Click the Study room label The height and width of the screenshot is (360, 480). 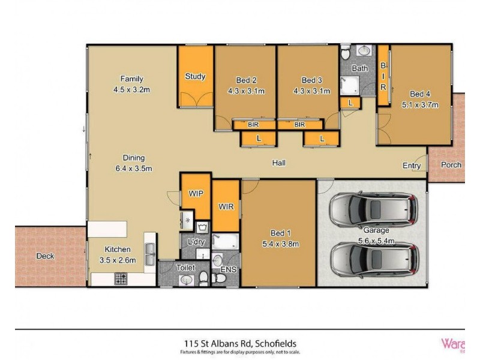[x=195, y=76]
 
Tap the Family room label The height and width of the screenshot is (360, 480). [x=131, y=79]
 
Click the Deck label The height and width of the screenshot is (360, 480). [x=45, y=256]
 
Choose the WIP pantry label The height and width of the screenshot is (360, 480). [x=196, y=194]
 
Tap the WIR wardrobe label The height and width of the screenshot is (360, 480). [x=227, y=206]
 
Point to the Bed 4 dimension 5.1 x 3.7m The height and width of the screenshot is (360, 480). [x=420, y=104]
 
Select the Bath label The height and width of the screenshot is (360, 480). [x=359, y=68]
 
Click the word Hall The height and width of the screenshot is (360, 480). [x=278, y=163]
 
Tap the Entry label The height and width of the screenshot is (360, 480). [x=411, y=165]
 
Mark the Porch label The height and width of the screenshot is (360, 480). [x=451, y=165]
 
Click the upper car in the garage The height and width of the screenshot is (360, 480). [x=372, y=209]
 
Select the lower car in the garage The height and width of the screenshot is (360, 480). [x=372, y=258]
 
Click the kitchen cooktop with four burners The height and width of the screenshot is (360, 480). [x=120, y=278]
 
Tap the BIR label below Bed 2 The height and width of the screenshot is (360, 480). [x=253, y=125]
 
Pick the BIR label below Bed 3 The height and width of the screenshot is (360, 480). [x=299, y=125]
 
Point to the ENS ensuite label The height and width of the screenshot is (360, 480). [x=229, y=269]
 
